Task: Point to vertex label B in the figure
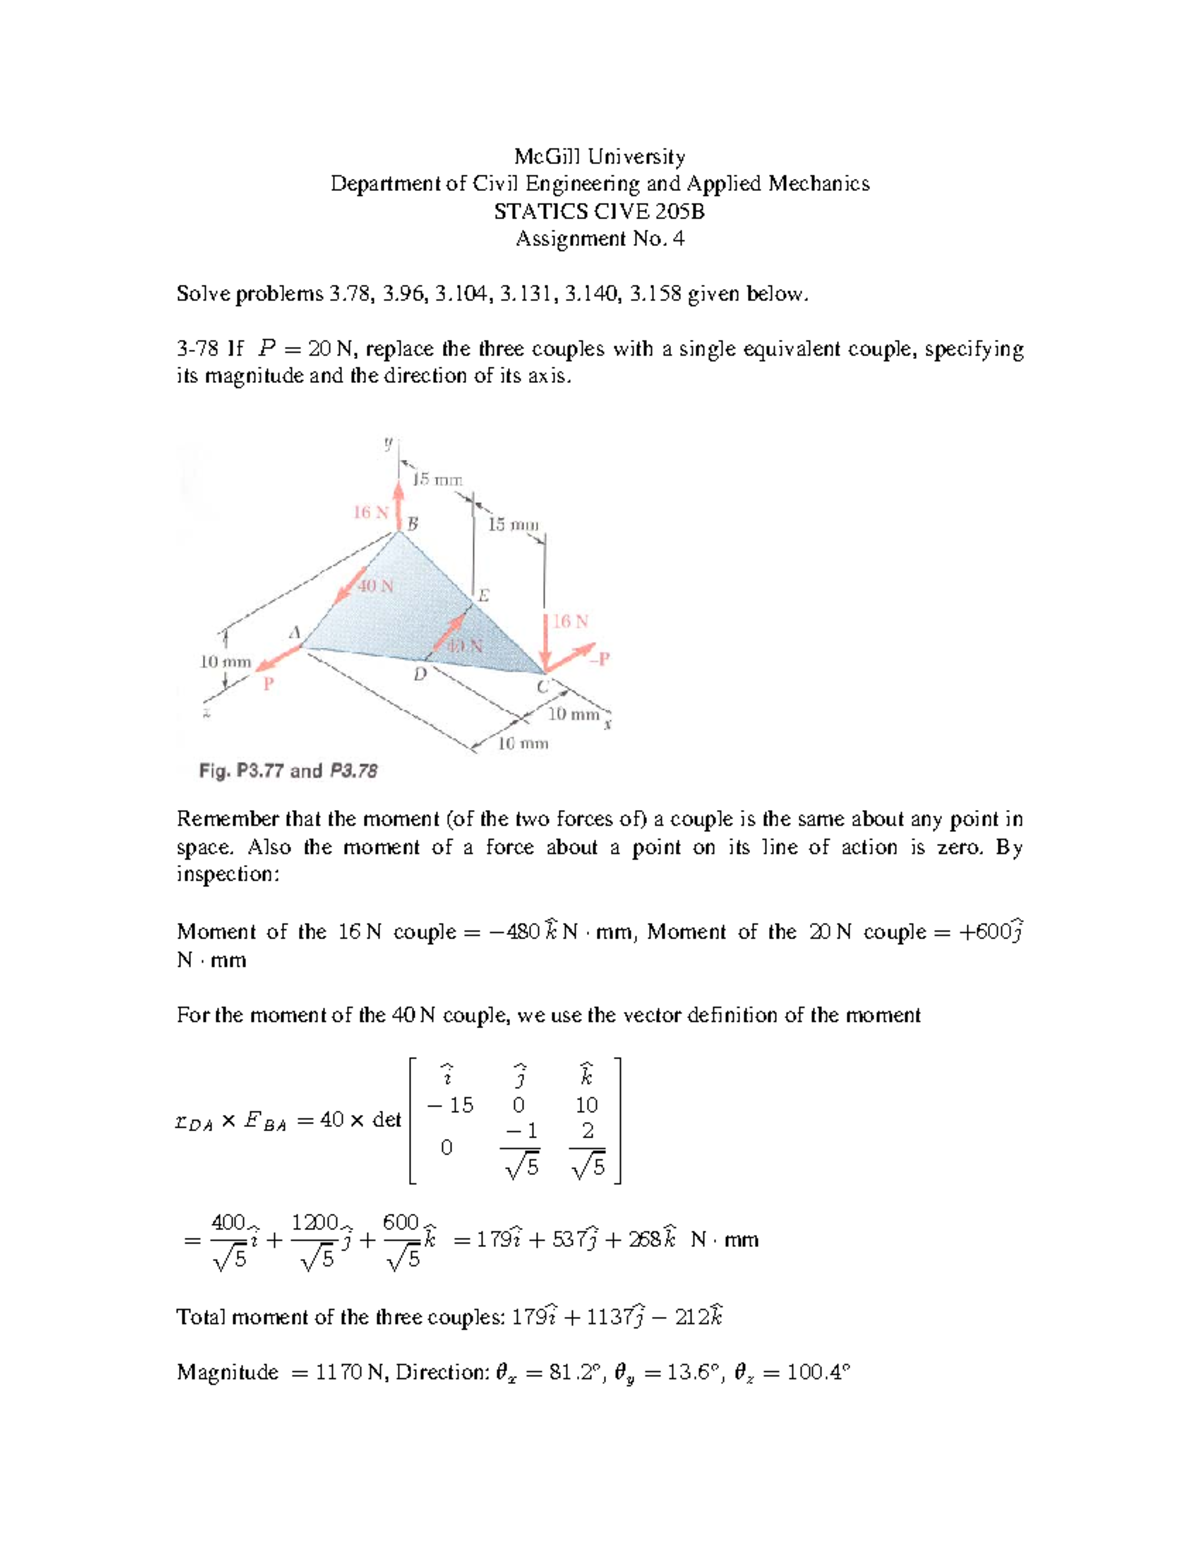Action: (412, 523)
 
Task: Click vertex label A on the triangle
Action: (294, 632)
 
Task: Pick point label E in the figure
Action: (484, 596)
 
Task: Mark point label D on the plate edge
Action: (420, 675)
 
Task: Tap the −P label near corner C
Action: (599, 659)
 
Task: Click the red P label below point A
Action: (267, 685)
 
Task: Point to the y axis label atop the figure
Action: (388, 442)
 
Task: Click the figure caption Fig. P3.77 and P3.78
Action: (288, 771)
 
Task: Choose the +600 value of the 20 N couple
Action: (984, 933)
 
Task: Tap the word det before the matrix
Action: (386, 1120)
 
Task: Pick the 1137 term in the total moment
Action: (608, 1318)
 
